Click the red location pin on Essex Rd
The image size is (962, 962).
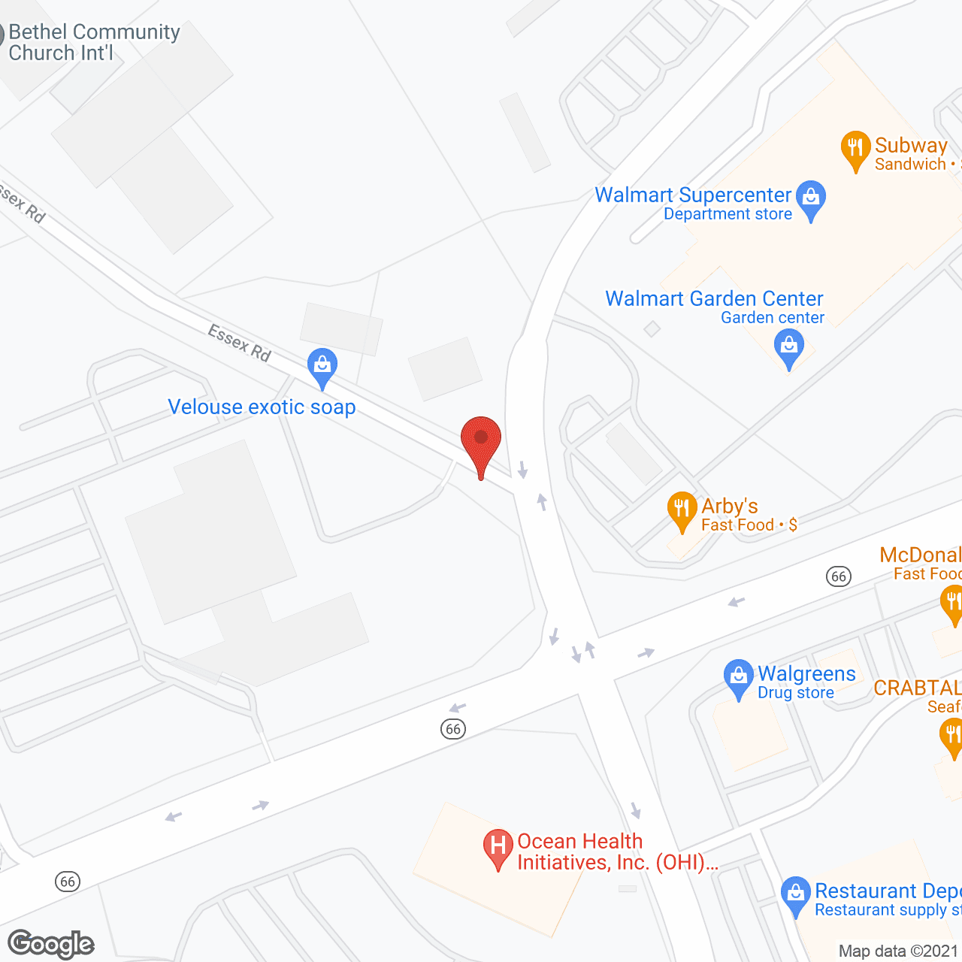[481, 440]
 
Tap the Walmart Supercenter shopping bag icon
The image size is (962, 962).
[810, 198]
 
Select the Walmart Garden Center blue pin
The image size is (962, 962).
[788, 348]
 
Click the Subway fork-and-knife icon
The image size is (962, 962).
[855, 148]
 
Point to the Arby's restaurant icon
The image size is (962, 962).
[682, 509]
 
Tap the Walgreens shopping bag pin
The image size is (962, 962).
[738, 676]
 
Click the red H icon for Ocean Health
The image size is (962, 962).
[498, 846]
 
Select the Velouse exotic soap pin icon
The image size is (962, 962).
[322, 366]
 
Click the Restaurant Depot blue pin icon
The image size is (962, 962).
[795, 894]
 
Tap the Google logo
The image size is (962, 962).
[51, 944]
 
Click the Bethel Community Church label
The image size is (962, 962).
[94, 42]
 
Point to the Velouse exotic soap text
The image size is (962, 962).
[262, 407]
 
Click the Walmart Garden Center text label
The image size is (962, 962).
[714, 298]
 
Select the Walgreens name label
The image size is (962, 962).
[806, 673]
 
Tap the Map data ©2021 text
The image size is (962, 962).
[899, 951]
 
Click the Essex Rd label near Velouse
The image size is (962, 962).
[239, 342]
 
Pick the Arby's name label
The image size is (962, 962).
[729, 506]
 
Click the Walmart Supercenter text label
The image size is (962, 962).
[692, 195]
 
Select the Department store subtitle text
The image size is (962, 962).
[728, 214]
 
